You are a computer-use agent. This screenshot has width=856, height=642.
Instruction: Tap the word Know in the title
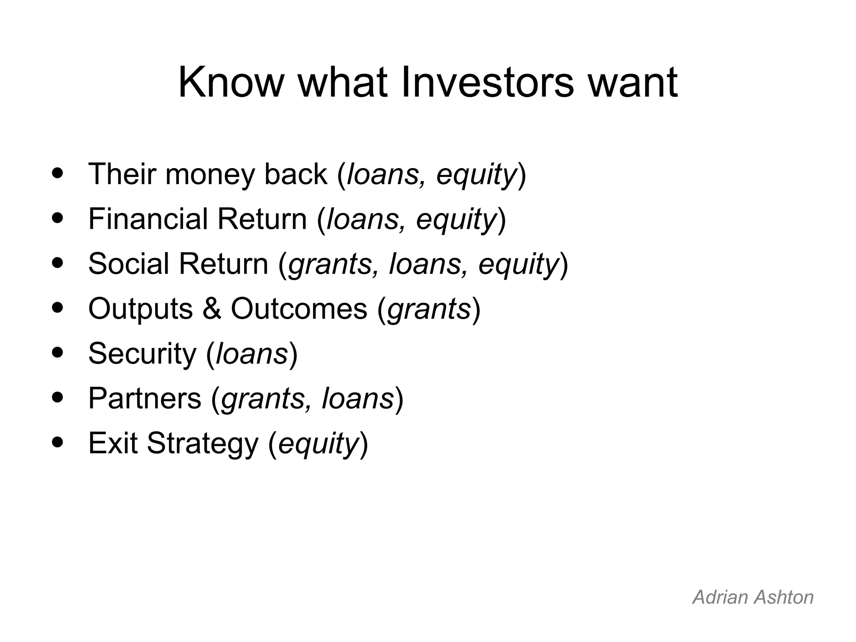(231, 82)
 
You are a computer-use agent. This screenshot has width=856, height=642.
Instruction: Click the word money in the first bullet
(210, 174)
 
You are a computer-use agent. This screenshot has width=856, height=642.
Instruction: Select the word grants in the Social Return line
(330, 265)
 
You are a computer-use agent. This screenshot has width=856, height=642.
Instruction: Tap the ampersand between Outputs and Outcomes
(212, 309)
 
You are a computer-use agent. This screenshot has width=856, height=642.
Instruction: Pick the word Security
(142, 354)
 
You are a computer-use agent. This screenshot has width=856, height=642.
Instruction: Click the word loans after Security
(252, 354)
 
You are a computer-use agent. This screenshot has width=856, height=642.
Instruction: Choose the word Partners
(145, 399)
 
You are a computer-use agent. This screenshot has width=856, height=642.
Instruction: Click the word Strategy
(203, 443)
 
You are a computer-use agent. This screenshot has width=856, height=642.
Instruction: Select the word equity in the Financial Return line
(456, 220)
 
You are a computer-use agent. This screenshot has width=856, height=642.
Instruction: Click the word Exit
(112, 443)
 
